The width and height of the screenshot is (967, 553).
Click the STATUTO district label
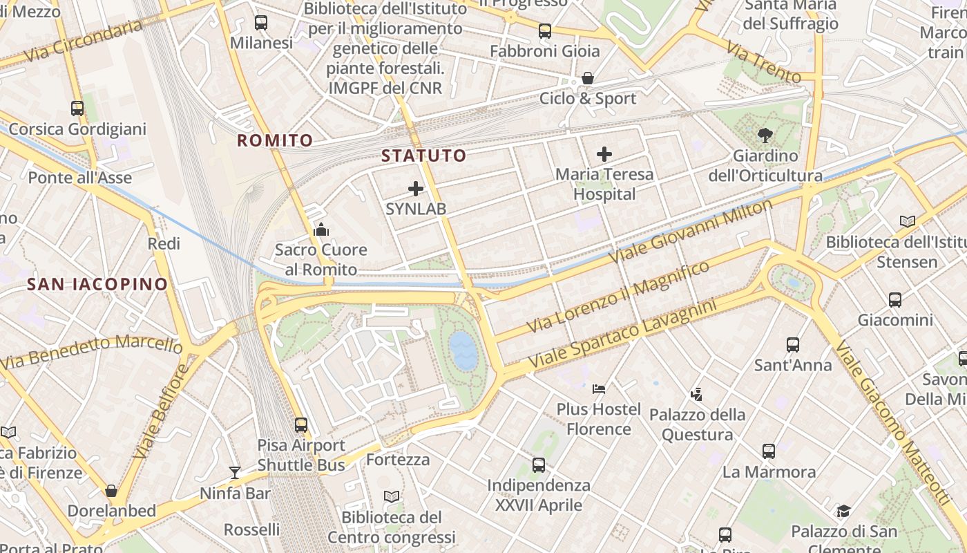(x=424, y=156)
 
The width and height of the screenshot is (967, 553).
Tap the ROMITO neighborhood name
(x=275, y=140)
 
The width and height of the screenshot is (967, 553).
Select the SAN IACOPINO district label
(x=97, y=283)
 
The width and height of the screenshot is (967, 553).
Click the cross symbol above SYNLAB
(x=416, y=188)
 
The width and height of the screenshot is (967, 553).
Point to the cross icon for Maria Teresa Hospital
(x=604, y=153)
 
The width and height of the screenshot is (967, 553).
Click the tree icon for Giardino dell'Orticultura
(x=765, y=135)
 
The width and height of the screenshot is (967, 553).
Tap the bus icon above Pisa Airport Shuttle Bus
(x=301, y=424)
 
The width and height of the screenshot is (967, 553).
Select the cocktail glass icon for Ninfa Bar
(x=235, y=473)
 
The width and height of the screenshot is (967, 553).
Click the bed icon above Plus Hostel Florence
(x=599, y=388)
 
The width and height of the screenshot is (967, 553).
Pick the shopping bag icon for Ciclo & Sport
(x=588, y=78)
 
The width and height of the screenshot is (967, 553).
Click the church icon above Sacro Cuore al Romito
(x=320, y=229)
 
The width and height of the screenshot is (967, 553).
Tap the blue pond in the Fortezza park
(x=463, y=350)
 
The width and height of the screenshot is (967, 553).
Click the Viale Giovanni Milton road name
(x=691, y=231)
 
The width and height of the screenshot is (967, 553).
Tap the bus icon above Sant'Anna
(x=793, y=344)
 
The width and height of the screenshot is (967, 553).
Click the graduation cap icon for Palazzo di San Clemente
(x=843, y=511)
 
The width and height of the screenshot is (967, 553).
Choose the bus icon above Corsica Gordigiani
(x=77, y=109)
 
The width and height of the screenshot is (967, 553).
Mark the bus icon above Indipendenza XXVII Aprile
(x=539, y=465)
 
